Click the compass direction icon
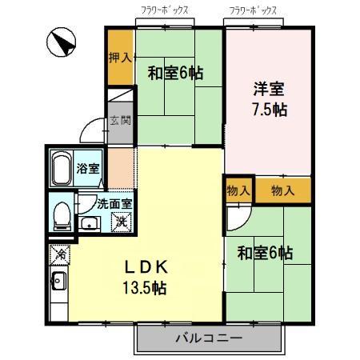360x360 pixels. (x=61, y=42)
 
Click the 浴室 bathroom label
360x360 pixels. (x=88, y=170)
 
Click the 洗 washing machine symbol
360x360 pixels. (x=119, y=220)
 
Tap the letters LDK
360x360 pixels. (x=144, y=266)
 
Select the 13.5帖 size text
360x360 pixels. (x=145, y=287)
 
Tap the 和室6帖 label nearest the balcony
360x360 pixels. (x=265, y=254)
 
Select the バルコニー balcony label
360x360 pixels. (x=209, y=338)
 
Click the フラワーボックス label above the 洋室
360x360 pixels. (x=253, y=11)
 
